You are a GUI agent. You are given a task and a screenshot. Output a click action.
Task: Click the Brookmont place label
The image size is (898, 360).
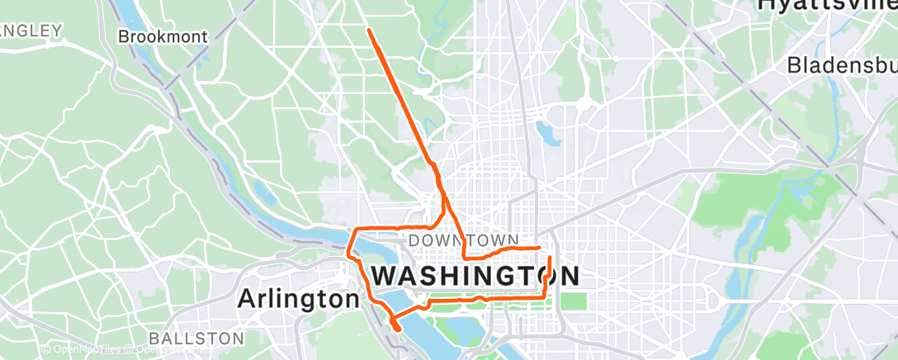point(163,36)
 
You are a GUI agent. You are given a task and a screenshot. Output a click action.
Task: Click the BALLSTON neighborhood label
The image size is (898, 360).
point(197,339)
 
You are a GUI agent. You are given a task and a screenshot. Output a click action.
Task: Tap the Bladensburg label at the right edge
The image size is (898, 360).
point(842,64)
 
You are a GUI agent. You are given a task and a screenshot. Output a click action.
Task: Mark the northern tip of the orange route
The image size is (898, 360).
point(368,30)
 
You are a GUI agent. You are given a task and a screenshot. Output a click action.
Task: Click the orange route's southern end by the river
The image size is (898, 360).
point(399,329)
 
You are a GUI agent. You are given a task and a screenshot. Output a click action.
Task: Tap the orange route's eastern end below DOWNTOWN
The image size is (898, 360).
point(539,246)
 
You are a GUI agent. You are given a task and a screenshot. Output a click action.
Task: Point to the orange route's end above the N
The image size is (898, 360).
point(551,259)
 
